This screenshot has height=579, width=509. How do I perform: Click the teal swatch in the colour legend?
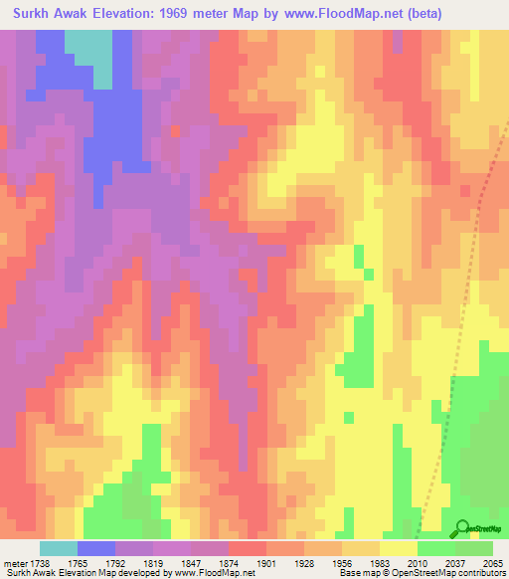[x=59, y=548]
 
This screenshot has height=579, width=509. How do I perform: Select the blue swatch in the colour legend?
[x=96, y=548]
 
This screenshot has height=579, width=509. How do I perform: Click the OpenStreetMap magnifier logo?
[x=462, y=529]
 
